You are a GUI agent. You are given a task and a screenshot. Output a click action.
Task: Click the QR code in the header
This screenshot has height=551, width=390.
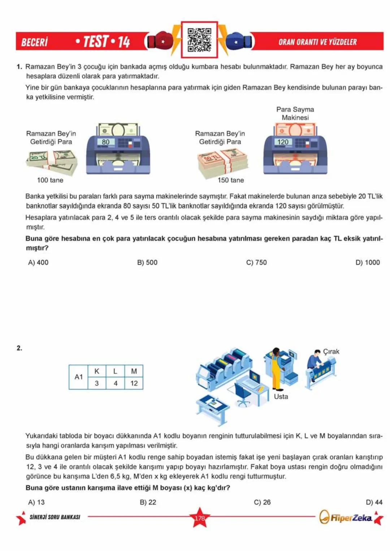(x=199, y=40)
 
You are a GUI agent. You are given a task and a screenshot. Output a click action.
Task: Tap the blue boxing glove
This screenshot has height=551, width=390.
(x=239, y=41)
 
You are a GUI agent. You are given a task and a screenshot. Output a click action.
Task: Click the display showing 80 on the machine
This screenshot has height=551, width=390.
(x=105, y=142)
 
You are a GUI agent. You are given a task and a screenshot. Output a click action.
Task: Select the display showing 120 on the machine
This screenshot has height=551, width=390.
(x=283, y=142)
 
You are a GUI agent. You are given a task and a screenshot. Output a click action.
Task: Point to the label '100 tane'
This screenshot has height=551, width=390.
(x=50, y=180)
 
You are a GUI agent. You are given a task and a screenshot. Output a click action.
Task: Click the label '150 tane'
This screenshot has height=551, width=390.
(x=230, y=180)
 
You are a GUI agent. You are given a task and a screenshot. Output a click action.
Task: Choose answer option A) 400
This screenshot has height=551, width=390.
(x=38, y=262)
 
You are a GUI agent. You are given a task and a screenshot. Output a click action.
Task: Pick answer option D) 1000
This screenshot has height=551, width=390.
(x=368, y=262)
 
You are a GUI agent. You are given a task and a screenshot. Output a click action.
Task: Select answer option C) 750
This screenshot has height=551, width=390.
(x=256, y=262)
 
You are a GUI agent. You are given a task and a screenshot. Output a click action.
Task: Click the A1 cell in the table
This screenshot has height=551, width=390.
(x=79, y=377)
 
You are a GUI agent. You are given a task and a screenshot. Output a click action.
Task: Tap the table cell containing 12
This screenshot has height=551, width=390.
(x=134, y=383)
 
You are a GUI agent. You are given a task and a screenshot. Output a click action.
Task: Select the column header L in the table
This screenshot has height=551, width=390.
(x=115, y=371)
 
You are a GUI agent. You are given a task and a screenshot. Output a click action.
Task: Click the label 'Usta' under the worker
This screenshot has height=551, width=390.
(x=281, y=397)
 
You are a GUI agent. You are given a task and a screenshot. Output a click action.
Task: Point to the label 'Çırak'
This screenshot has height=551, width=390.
(x=331, y=351)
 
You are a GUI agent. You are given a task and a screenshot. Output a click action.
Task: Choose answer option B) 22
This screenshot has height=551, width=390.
(x=148, y=502)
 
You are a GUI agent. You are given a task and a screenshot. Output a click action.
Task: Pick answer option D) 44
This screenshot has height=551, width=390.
(x=374, y=502)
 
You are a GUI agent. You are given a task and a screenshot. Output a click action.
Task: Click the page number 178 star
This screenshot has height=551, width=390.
(x=200, y=518)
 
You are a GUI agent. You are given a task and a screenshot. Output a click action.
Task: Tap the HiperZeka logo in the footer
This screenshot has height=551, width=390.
(x=347, y=518)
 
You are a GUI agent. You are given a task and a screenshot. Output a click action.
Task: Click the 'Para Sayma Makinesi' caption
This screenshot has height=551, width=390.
(x=295, y=113)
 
